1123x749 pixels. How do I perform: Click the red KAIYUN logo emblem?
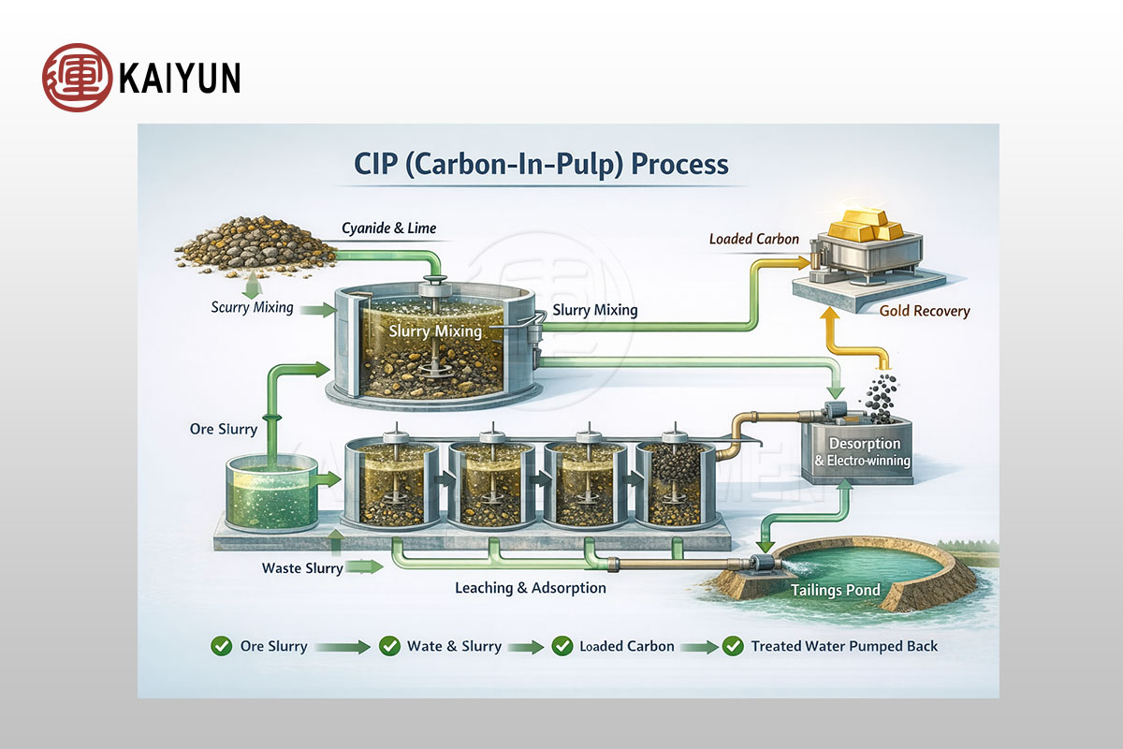coord(77,77)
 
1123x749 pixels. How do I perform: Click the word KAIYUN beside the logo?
coord(180,78)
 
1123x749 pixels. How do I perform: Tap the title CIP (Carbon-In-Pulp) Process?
coord(541,165)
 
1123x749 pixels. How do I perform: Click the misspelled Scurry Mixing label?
coord(252,307)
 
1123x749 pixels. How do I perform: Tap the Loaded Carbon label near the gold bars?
coord(754,239)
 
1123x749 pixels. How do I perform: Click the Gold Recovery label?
coord(925,311)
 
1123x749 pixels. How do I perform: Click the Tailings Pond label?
coord(836,590)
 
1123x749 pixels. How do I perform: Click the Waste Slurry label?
coord(302,568)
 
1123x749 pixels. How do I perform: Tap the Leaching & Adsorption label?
coord(530,588)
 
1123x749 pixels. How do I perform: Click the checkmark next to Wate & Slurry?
coord(389,646)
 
